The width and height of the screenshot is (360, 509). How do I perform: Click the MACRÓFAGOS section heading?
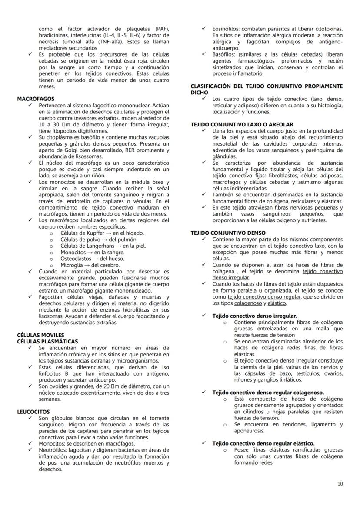[36, 99]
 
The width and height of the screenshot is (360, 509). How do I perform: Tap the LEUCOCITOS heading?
[33, 412]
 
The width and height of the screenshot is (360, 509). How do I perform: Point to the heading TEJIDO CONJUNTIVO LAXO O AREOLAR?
[242, 124]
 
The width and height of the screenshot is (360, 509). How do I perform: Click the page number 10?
[340, 484]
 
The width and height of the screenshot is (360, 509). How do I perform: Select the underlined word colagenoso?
[246, 303]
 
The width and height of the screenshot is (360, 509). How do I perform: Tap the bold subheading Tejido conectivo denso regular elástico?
[263, 443]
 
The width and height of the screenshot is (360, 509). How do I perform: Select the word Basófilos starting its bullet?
[224, 54]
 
